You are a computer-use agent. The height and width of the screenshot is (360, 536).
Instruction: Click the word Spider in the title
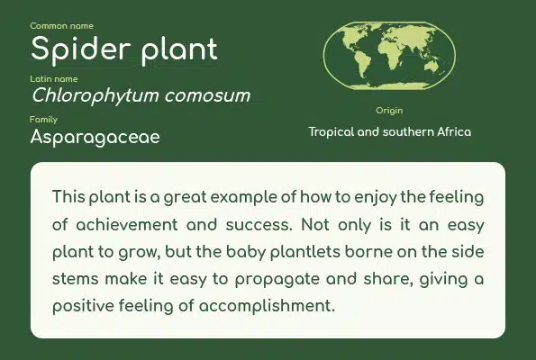point(81,50)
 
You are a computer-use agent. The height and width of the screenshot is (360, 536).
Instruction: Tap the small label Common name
point(61,26)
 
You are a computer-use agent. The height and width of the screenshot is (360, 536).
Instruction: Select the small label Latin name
point(54,79)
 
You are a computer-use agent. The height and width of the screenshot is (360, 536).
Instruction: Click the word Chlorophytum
point(95,96)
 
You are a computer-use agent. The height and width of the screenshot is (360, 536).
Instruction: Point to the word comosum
point(207,96)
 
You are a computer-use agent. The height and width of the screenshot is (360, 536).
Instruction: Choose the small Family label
point(43,120)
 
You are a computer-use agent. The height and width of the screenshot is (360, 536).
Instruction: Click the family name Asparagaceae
point(95,138)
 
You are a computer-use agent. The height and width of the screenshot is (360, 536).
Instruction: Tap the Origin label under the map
point(389,111)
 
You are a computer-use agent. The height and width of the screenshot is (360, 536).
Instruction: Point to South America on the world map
point(362,62)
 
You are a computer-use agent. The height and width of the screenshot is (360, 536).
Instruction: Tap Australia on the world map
point(432,67)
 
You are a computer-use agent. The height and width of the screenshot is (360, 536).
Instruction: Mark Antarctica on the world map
point(389,85)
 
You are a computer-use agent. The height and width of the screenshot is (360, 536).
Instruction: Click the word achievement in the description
point(127,225)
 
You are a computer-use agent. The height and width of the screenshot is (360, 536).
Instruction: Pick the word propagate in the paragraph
point(277,280)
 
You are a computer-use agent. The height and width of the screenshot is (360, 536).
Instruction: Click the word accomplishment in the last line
point(267,306)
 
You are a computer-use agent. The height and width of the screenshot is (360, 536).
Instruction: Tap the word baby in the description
point(246,252)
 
